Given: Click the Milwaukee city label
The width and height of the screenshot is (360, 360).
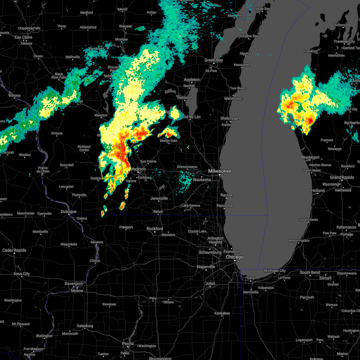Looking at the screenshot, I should [220, 171].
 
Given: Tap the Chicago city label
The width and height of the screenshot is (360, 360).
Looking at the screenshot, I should [235, 257].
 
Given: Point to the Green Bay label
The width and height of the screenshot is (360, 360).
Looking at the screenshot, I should [214, 60].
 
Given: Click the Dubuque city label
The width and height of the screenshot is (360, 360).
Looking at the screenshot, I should [69, 211].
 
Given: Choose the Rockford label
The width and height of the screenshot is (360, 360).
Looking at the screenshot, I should [155, 229].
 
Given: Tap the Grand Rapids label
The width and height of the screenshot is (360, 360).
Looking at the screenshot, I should [342, 177].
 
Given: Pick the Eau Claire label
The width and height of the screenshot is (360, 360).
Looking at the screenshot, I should [23, 37].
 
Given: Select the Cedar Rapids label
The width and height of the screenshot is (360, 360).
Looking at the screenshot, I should [14, 250].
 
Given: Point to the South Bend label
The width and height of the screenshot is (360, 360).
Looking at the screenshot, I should [310, 272].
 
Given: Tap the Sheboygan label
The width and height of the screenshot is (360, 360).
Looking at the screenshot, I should [230, 118].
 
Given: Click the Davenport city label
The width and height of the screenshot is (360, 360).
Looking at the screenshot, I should [74, 283].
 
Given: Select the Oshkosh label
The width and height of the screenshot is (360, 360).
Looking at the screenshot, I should [185, 97].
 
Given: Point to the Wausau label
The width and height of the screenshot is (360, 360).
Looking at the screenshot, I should [125, 26].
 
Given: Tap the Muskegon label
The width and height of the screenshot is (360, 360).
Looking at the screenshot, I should [310, 157].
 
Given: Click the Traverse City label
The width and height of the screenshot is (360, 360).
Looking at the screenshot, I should [344, 41].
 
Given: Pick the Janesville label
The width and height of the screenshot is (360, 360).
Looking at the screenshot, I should [159, 198].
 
